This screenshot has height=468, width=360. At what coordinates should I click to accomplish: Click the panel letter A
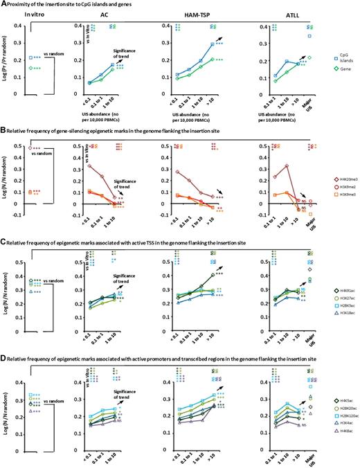[x=4, y=4]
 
